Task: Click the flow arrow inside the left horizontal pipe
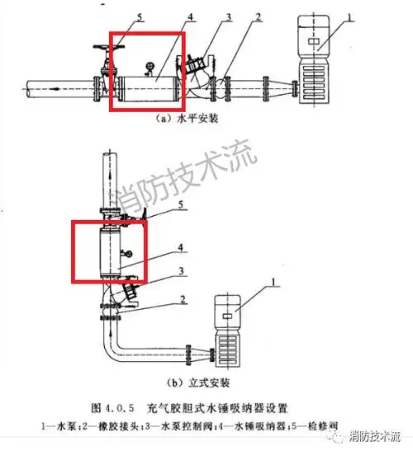click(x=54, y=85)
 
